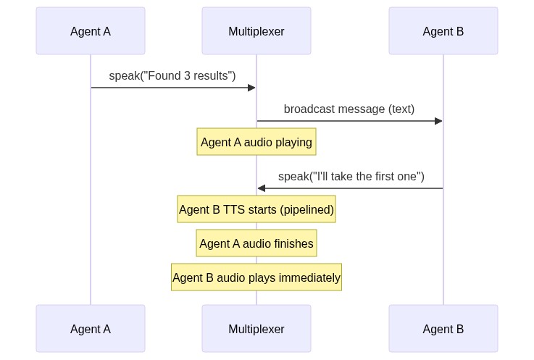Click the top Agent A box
[91, 31]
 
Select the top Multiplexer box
[256, 31]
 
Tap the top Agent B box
[443, 31]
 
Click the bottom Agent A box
[91, 329]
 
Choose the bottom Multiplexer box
[256, 329]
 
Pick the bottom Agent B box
[443, 329]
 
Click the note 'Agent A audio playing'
[256, 142]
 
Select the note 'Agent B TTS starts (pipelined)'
[256, 209]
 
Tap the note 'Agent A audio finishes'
[256, 243]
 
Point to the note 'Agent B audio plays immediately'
[256, 277]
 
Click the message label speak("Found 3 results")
[172, 75]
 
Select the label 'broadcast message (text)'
[349, 109]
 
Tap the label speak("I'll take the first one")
[351, 176]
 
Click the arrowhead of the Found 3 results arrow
[252, 88]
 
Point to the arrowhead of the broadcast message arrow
[438, 121]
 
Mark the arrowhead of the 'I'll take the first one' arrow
[262, 188]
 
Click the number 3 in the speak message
[187, 75]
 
